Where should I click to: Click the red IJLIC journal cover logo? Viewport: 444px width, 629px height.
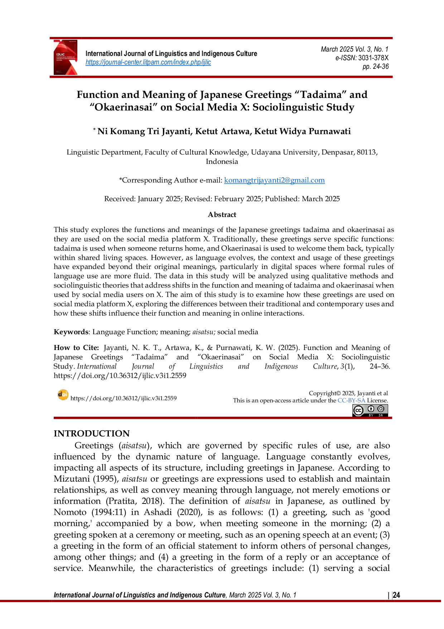pyautogui.click(x=66, y=57)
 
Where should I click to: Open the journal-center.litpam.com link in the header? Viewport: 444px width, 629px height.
pyautogui.click(x=148, y=62)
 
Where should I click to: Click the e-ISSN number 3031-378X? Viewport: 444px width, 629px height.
pyautogui.click(x=373, y=58)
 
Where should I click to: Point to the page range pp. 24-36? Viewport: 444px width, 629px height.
pyautogui.click(x=376, y=66)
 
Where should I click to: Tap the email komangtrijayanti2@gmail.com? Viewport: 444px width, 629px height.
pyautogui.click(x=274, y=180)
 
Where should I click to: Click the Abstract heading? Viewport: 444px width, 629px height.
pyautogui.click(x=222, y=214)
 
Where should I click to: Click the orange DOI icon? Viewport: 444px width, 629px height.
pyautogui.click(x=63, y=395)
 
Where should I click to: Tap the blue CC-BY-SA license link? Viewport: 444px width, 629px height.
pyautogui.click(x=351, y=400)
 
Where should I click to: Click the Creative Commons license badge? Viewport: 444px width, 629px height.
pyautogui.click(x=370, y=410)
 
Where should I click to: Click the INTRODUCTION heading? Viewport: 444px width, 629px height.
pyautogui.click(x=92, y=434)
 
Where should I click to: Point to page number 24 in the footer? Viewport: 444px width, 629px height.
pyautogui.click(x=396, y=595)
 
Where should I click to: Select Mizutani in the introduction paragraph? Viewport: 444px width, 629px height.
pyautogui.click(x=72, y=479)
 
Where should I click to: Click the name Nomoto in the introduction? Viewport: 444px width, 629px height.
pyautogui.click(x=70, y=512)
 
